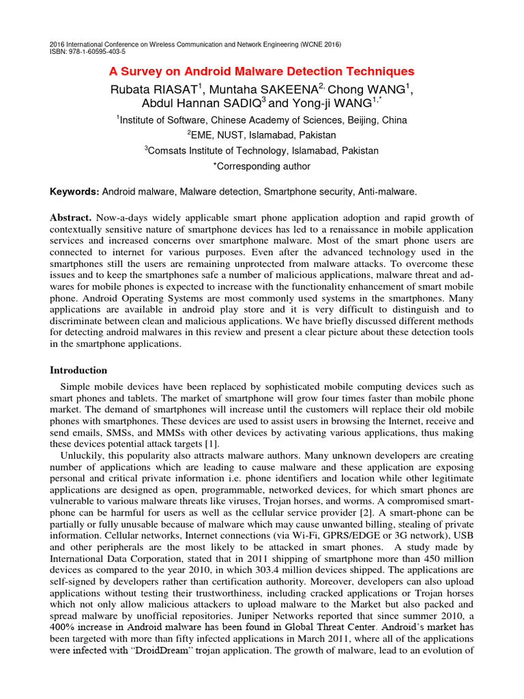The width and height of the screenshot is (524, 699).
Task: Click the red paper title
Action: click(x=262, y=72)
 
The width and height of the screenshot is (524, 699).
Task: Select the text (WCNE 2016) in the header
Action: click(x=320, y=44)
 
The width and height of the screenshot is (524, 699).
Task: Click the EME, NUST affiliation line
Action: click(x=261, y=135)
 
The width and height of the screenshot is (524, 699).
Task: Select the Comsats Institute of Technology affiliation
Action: click(x=261, y=150)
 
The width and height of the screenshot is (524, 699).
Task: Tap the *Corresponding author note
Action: click(x=261, y=166)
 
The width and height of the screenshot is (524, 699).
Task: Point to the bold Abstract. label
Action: click(x=71, y=217)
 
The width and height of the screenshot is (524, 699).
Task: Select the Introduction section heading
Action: click(x=78, y=370)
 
